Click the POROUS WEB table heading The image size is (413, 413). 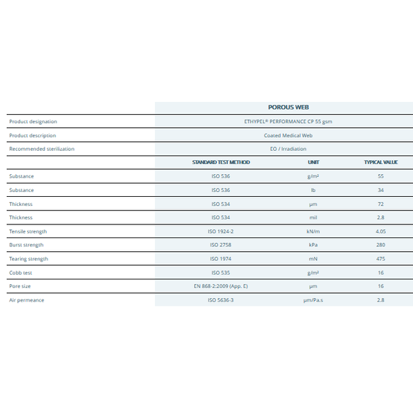pos(288,107)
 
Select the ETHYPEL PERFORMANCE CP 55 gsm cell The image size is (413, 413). pos(288,121)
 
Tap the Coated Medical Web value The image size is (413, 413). pos(288,136)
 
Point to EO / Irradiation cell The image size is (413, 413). pos(288,149)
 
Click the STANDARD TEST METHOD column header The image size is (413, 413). pos(221,162)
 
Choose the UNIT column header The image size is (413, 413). pos(313,162)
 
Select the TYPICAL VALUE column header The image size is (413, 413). pos(381,162)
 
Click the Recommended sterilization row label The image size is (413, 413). pos(42,149)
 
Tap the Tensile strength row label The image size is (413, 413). pos(28,231)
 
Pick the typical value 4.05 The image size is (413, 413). pos(381,231)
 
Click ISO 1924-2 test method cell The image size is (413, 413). pos(221,231)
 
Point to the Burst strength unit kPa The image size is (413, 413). pos(313,245)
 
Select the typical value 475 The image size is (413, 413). pos(381,259)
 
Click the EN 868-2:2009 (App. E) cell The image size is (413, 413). pos(221,286)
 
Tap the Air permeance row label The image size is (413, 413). pos(27,300)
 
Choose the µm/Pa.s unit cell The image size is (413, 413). pos(313,300)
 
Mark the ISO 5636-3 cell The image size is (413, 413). pos(221,300)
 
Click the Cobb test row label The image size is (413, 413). pos(21,273)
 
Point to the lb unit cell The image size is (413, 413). pos(313,190)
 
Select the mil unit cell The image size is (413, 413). pos(313,218)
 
